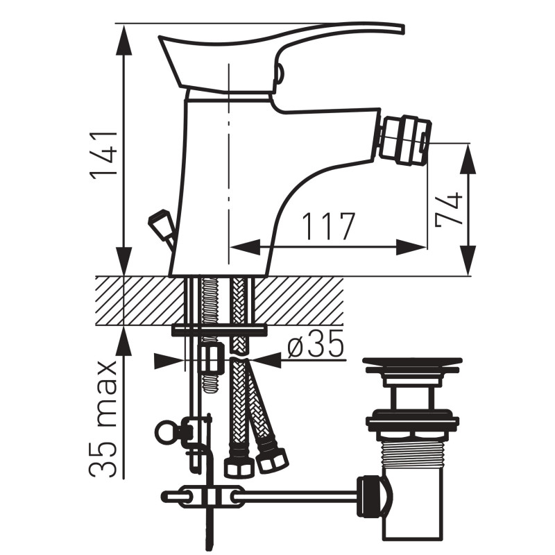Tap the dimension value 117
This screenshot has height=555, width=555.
(327, 227)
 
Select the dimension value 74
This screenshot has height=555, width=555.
(449, 210)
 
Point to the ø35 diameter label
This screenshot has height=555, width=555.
(316, 343)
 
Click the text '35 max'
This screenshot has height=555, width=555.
(103, 419)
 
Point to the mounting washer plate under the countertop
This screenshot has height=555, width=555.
(219, 331)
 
